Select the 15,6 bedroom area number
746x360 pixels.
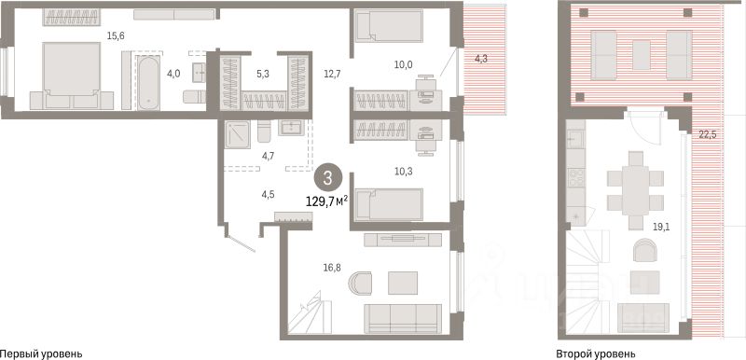point(116,35)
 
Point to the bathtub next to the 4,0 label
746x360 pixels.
point(148,83)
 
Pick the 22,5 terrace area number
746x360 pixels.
point(708,134)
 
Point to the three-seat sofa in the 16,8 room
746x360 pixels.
point(403,319)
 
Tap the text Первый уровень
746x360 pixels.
point(41,353)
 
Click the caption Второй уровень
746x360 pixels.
point(595,353)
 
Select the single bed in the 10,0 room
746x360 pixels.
point(389,26)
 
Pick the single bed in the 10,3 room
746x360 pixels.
point(389,204)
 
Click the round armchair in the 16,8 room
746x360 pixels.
point(359,283)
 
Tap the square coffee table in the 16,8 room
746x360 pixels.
point(403,283)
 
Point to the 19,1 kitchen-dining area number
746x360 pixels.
point(660,227)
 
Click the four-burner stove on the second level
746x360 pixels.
point(575,177)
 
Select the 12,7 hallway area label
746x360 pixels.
point(331,74)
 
